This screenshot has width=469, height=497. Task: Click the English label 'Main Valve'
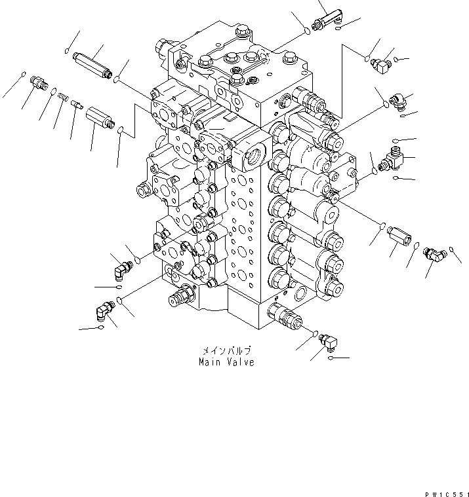226,361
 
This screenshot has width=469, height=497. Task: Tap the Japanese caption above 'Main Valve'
226,351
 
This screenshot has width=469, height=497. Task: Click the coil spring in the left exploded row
64,98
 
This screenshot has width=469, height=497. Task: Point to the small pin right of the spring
75,103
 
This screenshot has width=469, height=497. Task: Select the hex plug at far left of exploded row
38,84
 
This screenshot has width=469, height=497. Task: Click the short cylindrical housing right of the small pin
100,118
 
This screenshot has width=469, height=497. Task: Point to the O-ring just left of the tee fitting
374,170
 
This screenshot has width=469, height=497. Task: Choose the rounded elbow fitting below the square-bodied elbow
398,100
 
